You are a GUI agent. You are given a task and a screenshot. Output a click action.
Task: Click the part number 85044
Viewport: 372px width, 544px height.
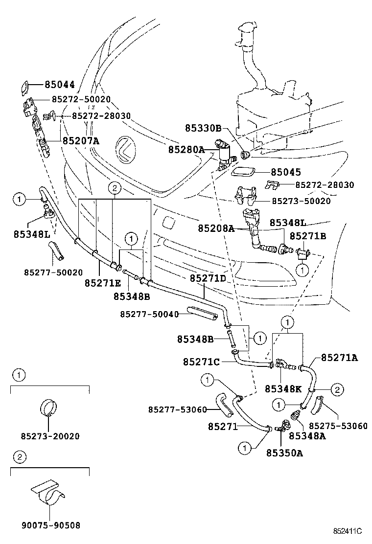click(x=59, y=85)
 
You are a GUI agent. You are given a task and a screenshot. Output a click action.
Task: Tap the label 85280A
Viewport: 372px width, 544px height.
click(x=186, y=150)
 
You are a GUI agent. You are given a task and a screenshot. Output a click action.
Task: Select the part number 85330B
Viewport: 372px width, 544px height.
click(x=203, y=128)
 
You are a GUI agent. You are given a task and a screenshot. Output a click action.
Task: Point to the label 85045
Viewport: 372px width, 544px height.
click(x=285, y=172)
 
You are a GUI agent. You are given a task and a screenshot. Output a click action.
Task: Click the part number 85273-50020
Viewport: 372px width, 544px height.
click(x=301, y=201)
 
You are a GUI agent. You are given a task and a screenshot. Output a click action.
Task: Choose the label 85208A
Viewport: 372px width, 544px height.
click(x=216, y=228)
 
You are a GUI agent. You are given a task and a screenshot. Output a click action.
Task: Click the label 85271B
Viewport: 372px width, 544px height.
click(x=308, y=236)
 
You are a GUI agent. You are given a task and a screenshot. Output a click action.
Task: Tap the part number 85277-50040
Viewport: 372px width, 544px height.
click(x=150, y=314)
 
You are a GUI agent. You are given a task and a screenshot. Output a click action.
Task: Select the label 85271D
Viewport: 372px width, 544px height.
click(x=208, y=278)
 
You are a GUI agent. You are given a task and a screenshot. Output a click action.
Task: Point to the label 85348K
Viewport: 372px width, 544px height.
click(x=283, y=389)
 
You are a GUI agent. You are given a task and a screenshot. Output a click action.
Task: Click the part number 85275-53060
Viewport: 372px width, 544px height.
click(x=338, y=426)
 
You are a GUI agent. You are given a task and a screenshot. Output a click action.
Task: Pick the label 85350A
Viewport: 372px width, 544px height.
click(x=284, y=453)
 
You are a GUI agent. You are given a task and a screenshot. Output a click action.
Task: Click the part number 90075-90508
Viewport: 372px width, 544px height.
click(x=51, y=525)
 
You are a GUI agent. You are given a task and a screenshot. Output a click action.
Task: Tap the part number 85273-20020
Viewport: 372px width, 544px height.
click(x=50, y=436)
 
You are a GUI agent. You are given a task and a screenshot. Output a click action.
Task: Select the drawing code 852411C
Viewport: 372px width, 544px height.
click(x=348, y=531)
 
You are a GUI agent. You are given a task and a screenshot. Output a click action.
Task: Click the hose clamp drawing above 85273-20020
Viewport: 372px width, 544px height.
click(x=49, y=408)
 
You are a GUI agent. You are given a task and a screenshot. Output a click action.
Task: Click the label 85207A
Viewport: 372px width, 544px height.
click(x=81, y=141)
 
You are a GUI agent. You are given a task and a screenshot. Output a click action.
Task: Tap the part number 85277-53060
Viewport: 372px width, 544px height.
click(x=178, y=410)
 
